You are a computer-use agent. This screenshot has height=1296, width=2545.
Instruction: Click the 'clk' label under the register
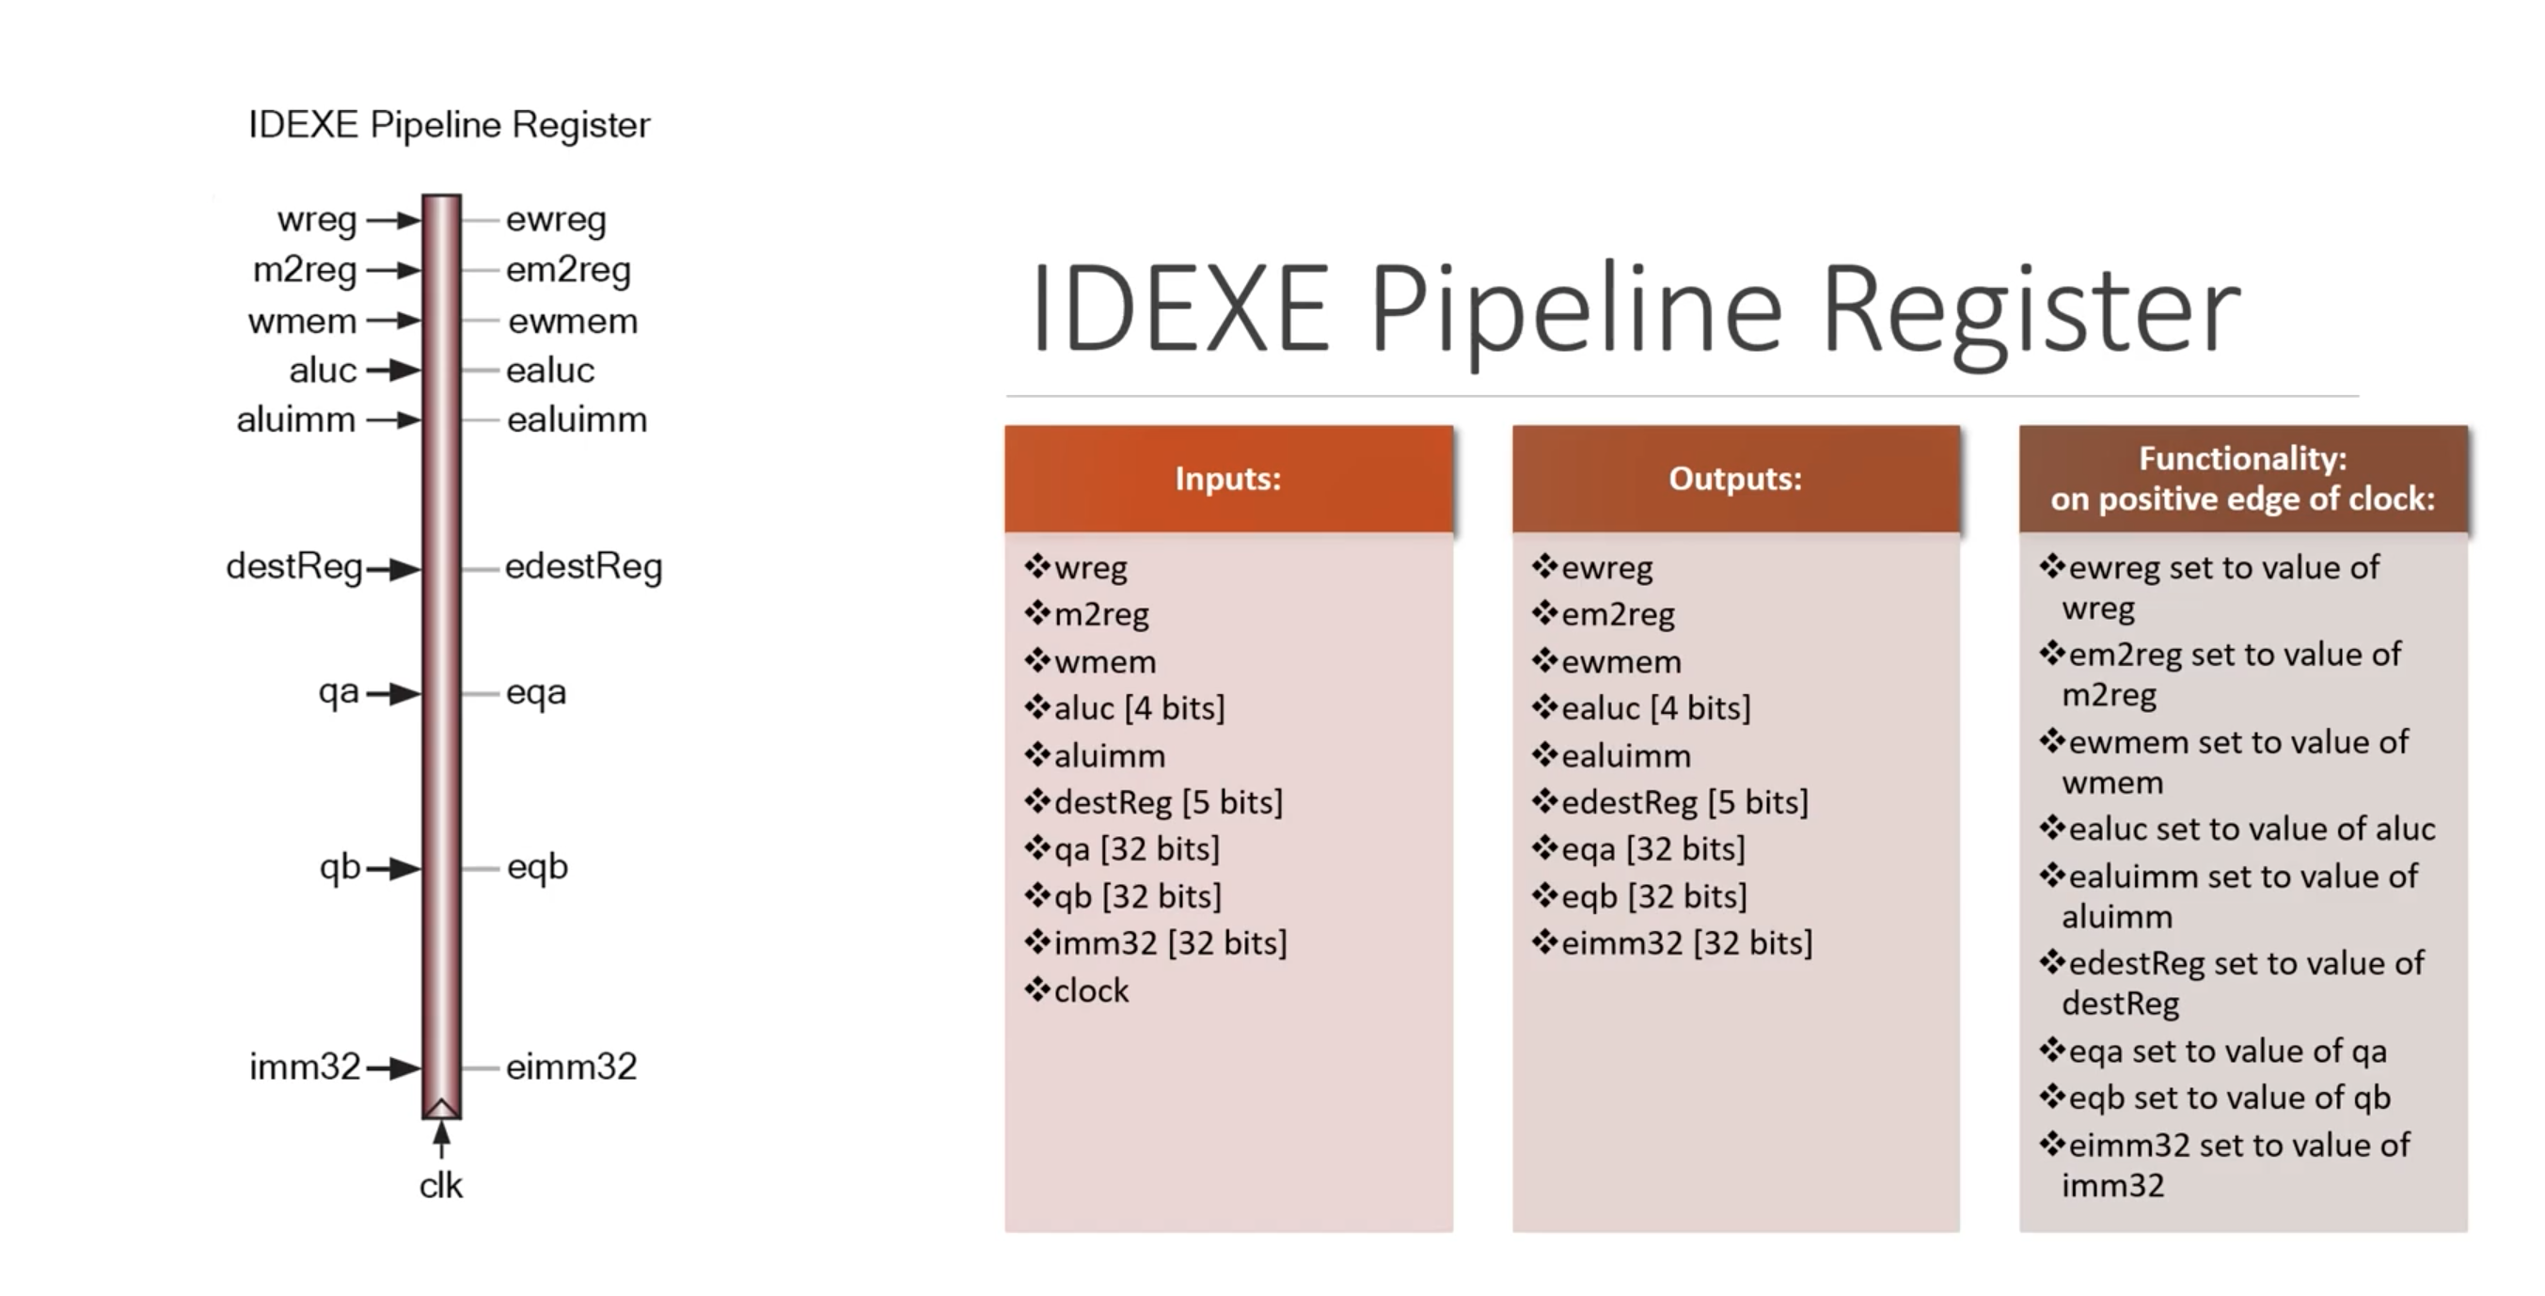coord(441,1185)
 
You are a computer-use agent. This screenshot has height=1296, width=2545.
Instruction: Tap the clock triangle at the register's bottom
coord(442,1106)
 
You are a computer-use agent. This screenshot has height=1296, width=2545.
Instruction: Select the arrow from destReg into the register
coord(394,569)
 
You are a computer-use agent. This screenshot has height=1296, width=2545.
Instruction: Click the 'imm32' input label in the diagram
coord(305,1067)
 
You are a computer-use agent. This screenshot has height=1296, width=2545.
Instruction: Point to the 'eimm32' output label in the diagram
coord(571,1067)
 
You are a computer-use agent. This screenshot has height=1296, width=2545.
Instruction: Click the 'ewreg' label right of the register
coord(556,219)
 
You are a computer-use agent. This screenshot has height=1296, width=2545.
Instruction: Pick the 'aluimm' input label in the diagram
coord(295,419)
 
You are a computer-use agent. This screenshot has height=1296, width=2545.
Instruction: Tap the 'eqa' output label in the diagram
coord(535,692)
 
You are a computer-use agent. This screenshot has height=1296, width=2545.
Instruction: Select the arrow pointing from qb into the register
coord(394,868)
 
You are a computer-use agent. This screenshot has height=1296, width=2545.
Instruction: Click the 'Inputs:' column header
coord(1228,479)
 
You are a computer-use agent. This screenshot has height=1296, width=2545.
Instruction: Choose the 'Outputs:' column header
coord(1735,479)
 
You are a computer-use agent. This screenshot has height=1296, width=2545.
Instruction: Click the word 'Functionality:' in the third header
coord(2243,458)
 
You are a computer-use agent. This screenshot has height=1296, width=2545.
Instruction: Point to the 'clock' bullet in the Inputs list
coord(1091,989)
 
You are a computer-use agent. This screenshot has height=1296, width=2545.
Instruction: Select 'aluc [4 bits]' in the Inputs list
coord(1139,707)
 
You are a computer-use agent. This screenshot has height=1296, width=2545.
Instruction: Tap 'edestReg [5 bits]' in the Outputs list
coord(1684,802)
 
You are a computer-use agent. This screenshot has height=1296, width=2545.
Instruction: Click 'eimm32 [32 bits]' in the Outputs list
coord(1686,942)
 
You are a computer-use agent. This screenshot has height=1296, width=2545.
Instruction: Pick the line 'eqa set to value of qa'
coord(2227,1051)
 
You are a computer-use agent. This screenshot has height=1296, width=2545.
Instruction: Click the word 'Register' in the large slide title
coord(2031,308)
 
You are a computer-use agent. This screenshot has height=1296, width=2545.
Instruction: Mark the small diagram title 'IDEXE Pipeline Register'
coord(449,125)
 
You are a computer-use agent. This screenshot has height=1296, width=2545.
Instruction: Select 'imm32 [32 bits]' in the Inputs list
coord(1170,942)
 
